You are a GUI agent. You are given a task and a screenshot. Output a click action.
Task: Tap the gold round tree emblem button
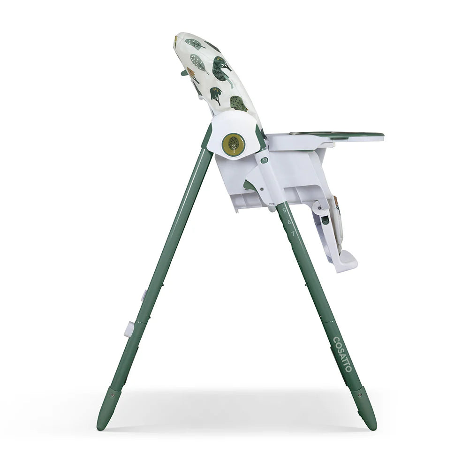(233, 144)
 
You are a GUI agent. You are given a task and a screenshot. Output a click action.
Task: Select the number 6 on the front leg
(289, 221)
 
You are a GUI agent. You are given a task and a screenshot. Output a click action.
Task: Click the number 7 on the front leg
(293, 233)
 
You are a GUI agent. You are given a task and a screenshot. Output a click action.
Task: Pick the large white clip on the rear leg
(129, 329)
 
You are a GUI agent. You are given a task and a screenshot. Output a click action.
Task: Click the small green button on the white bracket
(265, 160)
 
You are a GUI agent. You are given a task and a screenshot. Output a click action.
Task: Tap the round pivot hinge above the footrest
(321, 207)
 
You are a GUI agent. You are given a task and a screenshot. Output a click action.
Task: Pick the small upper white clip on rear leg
(144, 295)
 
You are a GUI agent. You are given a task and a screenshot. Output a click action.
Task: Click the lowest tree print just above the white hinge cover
(238, 103)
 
